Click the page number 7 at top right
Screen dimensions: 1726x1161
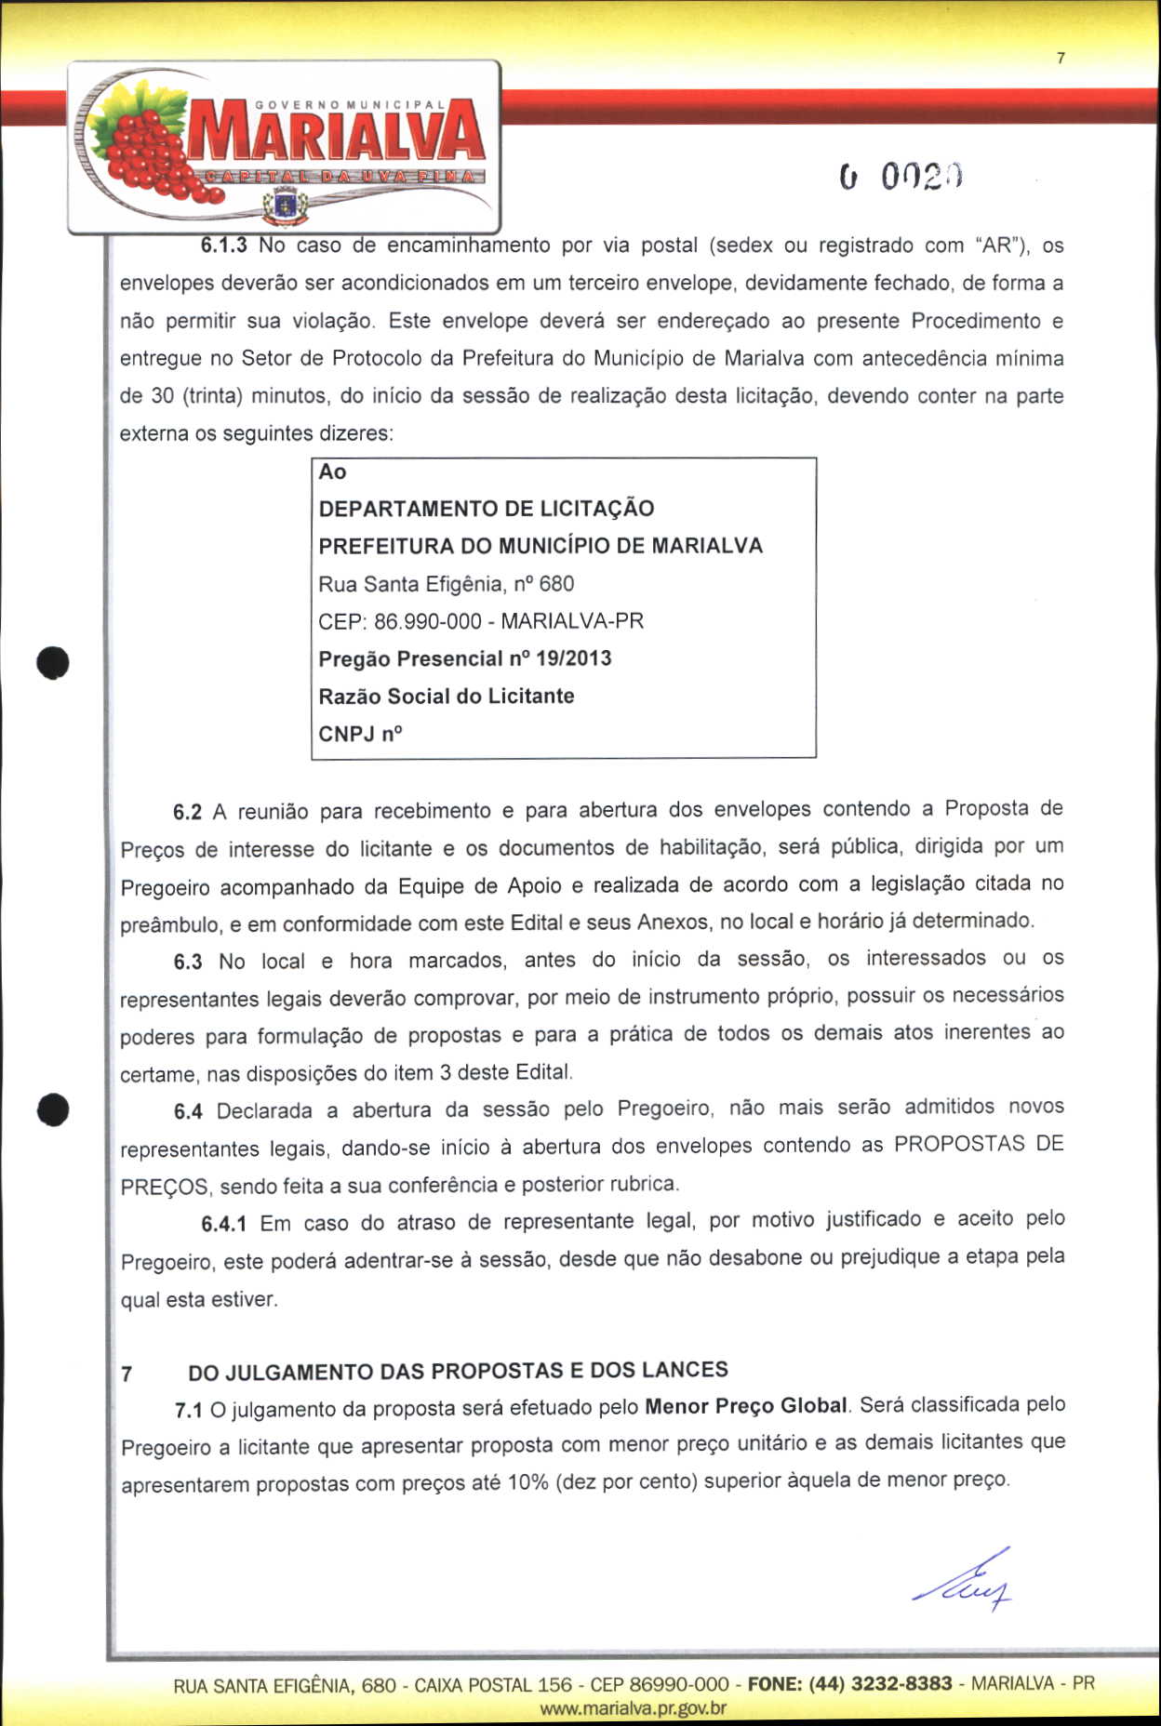coord(1061,59)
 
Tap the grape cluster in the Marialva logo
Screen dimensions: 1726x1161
coord(149,149)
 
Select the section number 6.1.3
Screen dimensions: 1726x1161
coord(223,246)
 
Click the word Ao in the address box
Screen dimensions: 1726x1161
coord(332,471)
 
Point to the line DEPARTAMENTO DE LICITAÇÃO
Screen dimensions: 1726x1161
coord(486,509)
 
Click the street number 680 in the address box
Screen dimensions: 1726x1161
coord(556,584)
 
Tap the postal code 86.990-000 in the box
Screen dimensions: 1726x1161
coord(427,621)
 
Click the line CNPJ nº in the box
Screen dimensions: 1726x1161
coord(360,734)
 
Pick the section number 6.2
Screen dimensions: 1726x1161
coord(187,812)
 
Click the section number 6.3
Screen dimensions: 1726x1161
coord(187,962)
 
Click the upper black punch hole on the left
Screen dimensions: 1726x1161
coord(54,661)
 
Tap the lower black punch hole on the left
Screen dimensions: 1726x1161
coord(54,1109)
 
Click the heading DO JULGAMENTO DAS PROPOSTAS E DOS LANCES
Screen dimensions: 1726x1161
coord(458,1371)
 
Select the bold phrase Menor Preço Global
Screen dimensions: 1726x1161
coord(745,1406)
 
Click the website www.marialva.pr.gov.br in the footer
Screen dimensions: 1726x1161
coord(633,1708)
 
